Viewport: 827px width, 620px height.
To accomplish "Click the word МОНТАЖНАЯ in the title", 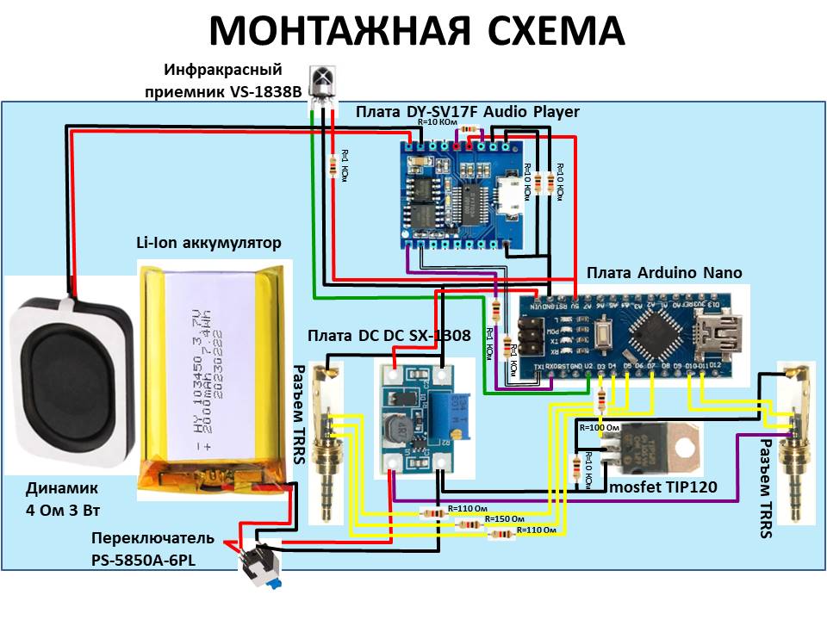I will pyautogui.click(x=340, y=31).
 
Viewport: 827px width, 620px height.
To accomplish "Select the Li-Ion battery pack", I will pyautogui.click(x=213, y=379).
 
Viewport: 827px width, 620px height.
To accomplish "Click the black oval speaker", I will pyautogui.click(x=66, y=379).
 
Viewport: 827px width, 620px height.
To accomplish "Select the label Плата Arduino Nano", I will pyautogui.click(x=664, y=273).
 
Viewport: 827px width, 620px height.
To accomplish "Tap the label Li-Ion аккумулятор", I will pyautogui.click(x=208, y=244).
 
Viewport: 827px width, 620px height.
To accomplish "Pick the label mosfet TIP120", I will pyautogui.click(x=663, y=488).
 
